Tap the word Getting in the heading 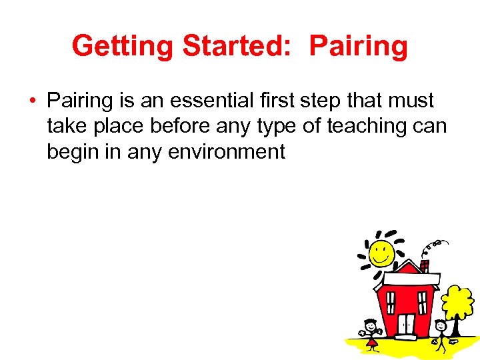point(122,46)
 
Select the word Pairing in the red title point(359,46)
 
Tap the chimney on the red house point(425,265)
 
